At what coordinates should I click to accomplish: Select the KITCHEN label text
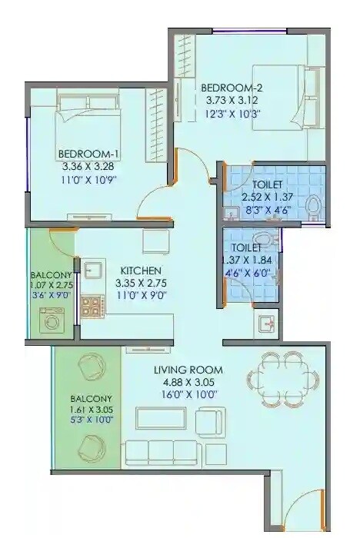click(x=140, y=271)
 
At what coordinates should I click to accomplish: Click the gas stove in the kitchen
click(x=91, y=306)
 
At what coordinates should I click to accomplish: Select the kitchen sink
click(x=94, y=271)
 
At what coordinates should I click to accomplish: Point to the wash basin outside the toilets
click(x=265, y=324)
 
